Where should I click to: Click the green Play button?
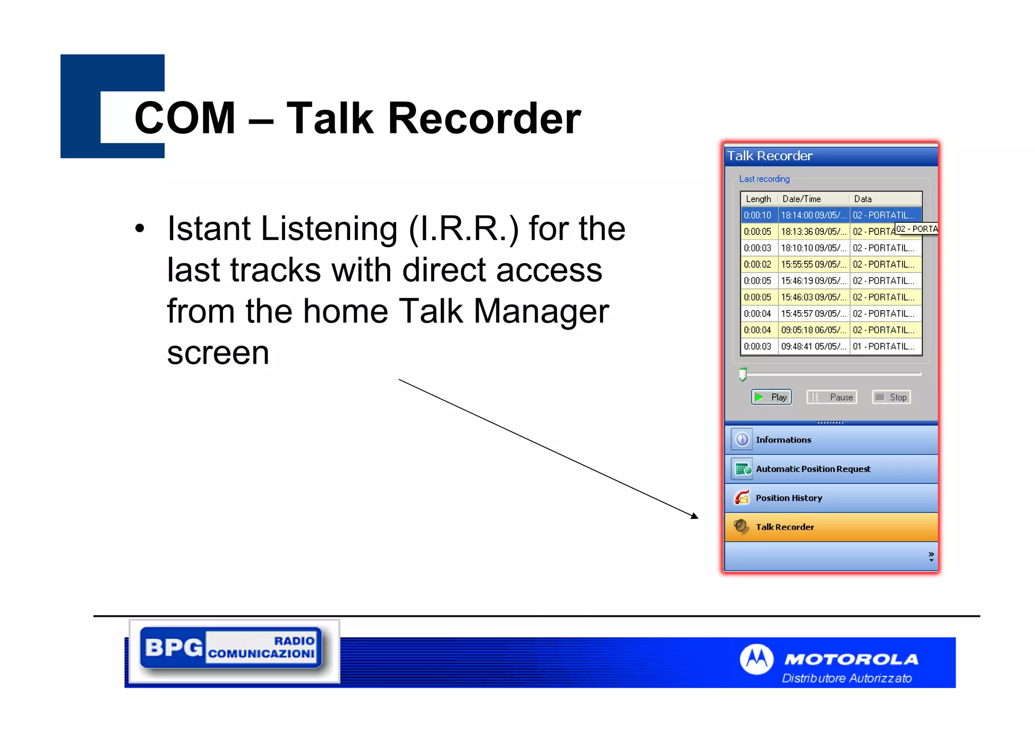(x=771, y=397)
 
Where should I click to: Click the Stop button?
(x=891, y=397)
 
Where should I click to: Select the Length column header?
(x=758, y=199)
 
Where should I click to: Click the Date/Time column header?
(x=802, y=199)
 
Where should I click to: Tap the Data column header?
(x=863, y=199)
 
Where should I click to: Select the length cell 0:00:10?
(x=758, y=215)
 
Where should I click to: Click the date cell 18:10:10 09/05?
(x=813, y=248)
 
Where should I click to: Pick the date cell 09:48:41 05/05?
(x=813, y=347)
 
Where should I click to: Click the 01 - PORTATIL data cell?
(x=883, y=347)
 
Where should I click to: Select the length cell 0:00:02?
(x=758, y=264)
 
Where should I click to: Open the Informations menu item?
(x=783, y=440)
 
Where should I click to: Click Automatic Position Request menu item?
(x=813, y=469)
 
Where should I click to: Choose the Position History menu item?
(x=788, y=498)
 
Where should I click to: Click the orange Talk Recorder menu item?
(x=784, y=527)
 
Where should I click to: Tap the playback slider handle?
(x=742, y=374)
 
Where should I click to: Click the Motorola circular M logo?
(x=756, y=659)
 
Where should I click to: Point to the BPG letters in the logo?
(x=173, y=647)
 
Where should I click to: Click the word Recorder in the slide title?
(x=484, y=119)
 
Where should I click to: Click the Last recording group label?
(x=764, y=179)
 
